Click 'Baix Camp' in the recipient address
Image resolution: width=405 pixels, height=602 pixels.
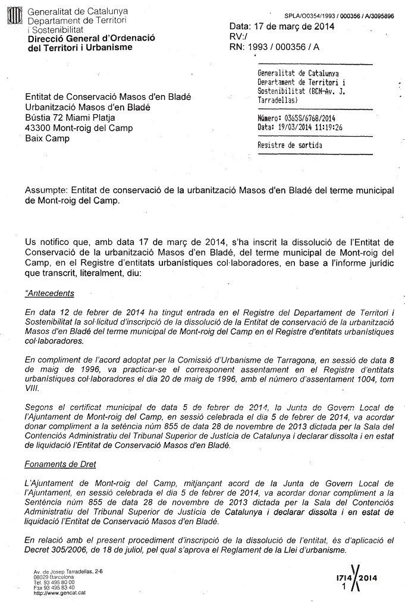[x=47, y=138]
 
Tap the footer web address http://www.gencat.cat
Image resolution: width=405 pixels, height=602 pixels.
[x=60, y=593]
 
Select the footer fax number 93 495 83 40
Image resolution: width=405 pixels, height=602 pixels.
[x=62, y=588]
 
